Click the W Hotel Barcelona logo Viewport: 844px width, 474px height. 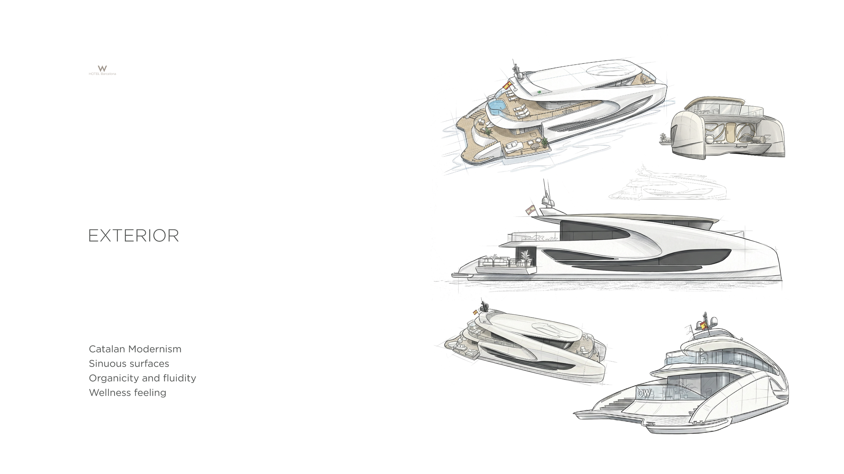point(102,70)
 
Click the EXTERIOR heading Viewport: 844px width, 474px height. point(134,235)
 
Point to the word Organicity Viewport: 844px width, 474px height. point(114,378)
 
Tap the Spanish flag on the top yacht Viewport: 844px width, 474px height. point(507,85)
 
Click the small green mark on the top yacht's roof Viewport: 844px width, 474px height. point(539,91)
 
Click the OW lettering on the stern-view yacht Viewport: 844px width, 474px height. point(644,393)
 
